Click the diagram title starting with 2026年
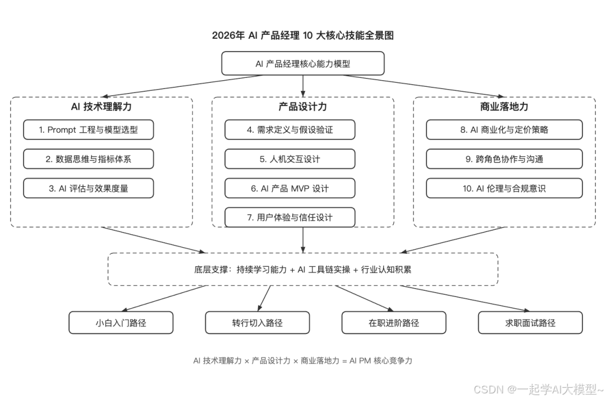click(303, 35)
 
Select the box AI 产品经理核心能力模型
click(303, 63)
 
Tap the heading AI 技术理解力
click(101, 106)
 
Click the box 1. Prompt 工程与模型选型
click(88, 129)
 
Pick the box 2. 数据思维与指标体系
click(88, 159)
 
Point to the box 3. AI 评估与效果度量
click(88, 188)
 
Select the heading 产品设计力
click(302, 106)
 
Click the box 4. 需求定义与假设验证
click(290, 129)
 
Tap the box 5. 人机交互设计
click(290, 159)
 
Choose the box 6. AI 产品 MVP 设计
click(290, 188)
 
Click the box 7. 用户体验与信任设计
click(290, 217)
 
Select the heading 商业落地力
click(504, 106)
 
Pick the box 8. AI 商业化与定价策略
click(504, 129)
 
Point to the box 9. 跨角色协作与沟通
click(504, 159)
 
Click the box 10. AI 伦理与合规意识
click(504, 188)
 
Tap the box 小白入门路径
click(121, 323)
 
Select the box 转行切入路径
click(257, 323)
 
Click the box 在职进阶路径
click(394, 323)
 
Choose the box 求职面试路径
click(530, 323)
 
